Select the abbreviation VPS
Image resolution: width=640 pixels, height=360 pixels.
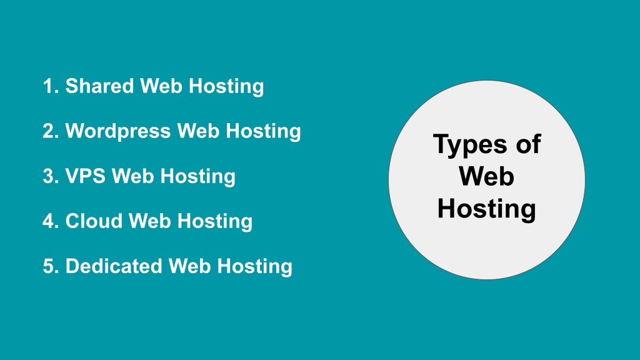(86, 176)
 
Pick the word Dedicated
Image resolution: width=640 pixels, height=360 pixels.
(114, 266)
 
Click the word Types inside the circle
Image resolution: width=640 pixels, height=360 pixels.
(470, 145)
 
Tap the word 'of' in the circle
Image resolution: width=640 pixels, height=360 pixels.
(528, 144)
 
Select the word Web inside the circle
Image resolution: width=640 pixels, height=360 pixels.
(486, 176)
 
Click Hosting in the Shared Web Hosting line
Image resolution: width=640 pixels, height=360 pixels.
(226, 87)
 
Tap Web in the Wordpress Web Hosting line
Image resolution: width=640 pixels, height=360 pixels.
(198, 131)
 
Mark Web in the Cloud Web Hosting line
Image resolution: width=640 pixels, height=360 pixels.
(150, 221)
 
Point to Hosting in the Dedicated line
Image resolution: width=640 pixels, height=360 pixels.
(255, 266)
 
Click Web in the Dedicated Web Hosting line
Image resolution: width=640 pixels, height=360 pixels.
(190, 266)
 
